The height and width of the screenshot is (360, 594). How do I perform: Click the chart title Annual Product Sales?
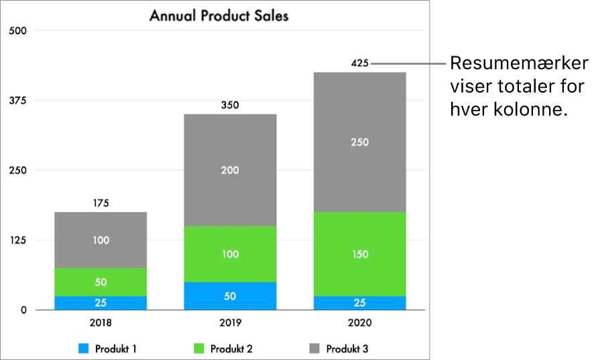pyautogui.click(x=219, y=15)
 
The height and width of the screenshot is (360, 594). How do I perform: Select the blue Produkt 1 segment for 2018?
pyautogui.click(x=101, y=302)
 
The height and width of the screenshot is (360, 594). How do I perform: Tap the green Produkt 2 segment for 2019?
pyautogui.click(x=230, y=254)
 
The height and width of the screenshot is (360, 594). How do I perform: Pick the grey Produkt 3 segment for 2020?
pyautogui.click(x=359, y=142)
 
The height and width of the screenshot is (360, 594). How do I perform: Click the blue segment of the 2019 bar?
pyautogui.click(x=230, y=296)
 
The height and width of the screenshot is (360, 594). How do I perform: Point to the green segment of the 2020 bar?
pyautogui.click(x=359, y=254)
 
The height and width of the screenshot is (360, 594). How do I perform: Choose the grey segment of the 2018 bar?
pyautogui.click(x=101, y=240)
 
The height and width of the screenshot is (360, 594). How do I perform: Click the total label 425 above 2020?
pyautogui.click(x=359, y=64)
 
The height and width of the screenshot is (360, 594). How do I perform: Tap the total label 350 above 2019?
pyautogui.click(x=230, y=105)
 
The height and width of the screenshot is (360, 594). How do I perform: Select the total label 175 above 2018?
pyautogui.click(x=101, y=203)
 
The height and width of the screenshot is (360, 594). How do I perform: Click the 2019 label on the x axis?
pyautogui.click(x=230, y=322)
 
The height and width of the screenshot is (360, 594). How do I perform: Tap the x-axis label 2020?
pyautogui.click(x=359, y=322)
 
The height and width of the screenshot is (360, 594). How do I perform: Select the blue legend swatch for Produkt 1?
pyautogui.click(x=84, y=349)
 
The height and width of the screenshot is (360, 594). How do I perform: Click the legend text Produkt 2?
pyautogui.click(x=231, y=349)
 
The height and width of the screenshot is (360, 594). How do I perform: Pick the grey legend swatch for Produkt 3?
pyautogui.click(x=314, y=349)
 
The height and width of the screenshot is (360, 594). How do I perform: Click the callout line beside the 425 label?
pyautogui.click(x=409, y=64)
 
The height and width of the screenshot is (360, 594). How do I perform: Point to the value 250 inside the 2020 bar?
pyautogui.click(x=359, y=142)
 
